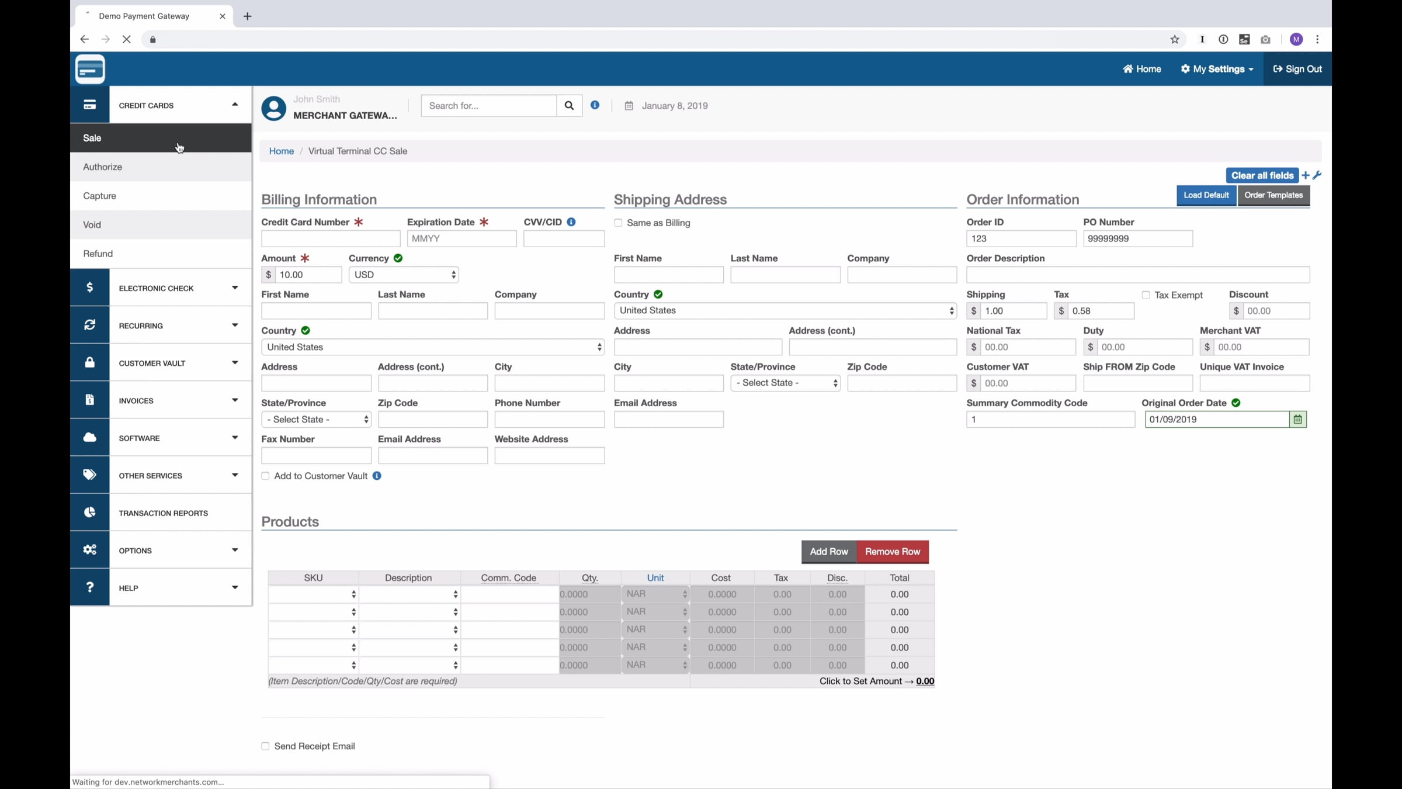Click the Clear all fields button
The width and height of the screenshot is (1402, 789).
coord(1262,175)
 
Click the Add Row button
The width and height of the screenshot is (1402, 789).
coord(828,552)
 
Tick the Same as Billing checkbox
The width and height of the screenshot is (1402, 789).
coord(618,223)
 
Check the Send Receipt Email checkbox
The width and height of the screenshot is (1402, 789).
coord(265,746)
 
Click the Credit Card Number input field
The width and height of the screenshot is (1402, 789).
coord(331,238)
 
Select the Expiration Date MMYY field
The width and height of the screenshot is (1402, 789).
coord(461,238)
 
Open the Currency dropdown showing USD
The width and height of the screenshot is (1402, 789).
coord(404,275)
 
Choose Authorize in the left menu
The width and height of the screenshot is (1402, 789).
coord(103,167)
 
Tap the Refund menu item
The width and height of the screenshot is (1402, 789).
coord(98,254)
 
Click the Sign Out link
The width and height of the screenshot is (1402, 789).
coord(1297,69)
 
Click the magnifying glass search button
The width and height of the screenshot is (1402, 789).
coord(569,106)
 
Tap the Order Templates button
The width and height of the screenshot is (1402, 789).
coord(1273,195)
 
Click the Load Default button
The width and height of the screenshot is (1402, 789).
coord(1206,195)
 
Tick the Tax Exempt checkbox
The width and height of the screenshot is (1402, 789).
coord(1146,295)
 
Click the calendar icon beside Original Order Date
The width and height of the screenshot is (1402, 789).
coord(1297,420)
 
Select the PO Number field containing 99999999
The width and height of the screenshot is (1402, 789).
coord(1138,238)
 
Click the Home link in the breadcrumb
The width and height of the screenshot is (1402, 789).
coord(282,151)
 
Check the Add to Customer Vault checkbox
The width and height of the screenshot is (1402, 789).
coord(265,476)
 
